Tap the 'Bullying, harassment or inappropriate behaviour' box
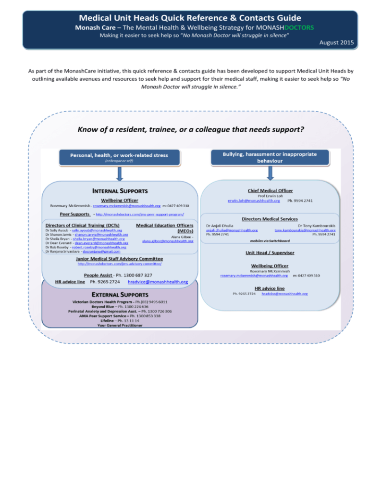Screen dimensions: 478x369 click(270, 156)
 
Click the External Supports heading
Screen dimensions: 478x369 click(113, 294)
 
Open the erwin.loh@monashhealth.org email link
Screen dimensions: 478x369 click(253, 200)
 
